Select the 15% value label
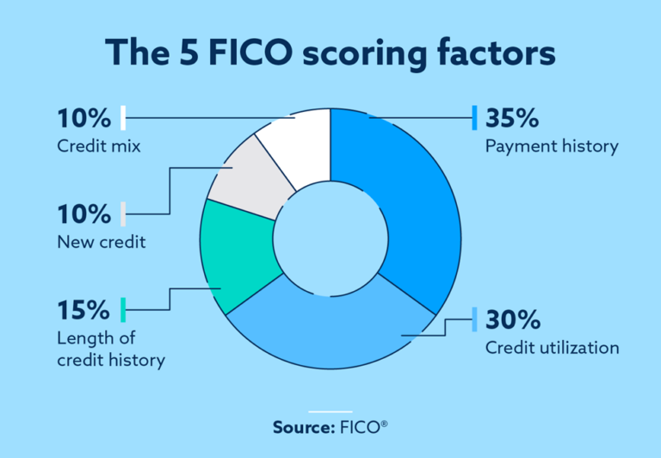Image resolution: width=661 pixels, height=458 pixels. [x=84, y=309]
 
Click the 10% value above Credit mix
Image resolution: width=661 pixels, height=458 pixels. [x=84, y=117]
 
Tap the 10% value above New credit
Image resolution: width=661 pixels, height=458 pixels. [x=84, y=214]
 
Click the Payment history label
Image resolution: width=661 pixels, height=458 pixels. [x=552, y=146]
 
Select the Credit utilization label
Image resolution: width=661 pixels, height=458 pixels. [x=552, y=348]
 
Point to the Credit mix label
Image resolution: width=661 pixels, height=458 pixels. [x=98, y=146]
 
